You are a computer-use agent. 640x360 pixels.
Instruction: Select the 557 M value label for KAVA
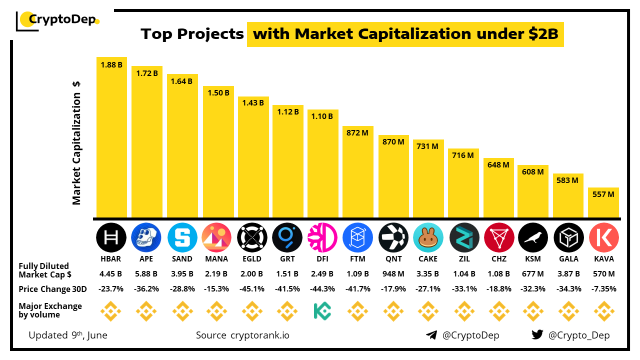(603, 194)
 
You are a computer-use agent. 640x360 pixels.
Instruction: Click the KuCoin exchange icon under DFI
(322, 311)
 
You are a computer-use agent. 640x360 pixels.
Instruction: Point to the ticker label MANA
(216, 259)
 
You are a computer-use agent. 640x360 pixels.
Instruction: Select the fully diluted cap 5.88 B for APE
(146, 274)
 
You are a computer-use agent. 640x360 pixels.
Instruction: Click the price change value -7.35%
(603, 289)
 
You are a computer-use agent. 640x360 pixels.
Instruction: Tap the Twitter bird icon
(537, 335)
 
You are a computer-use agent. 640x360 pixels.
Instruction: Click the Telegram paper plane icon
(431, 335)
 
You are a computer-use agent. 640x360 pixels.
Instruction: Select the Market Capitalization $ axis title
(76, 142)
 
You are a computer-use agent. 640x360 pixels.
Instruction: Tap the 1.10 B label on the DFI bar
(322, 116)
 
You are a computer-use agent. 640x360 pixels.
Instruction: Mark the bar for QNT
(393, 177)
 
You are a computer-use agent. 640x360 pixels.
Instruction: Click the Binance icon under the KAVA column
(603, 311)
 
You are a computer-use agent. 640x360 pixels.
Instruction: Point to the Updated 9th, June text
(68, 335)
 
